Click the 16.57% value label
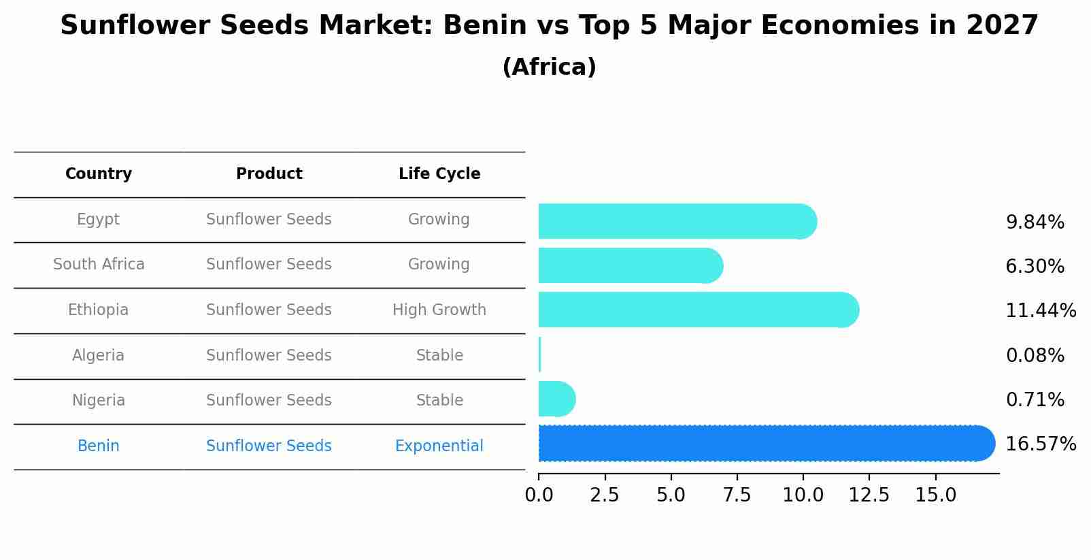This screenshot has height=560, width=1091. click(1040, 444)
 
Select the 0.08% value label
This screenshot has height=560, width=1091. click(1035, 355)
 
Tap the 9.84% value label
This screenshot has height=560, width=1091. click(1035, 223)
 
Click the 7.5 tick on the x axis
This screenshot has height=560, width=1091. click(737, 495)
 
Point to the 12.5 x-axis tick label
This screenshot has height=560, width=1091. click(869, 495)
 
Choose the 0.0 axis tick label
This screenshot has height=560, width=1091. click(539, 495)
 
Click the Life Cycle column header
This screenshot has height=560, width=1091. click(439, 174)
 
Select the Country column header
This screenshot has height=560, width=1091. click(99, 174)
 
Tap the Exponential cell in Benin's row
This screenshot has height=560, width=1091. click(439, 446)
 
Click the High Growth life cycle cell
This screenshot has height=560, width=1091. click(439, 310)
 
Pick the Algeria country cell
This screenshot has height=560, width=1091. click(98, 356)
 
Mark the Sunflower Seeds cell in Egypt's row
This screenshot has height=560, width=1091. click(269, 220)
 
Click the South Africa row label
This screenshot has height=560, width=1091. click(99, 265)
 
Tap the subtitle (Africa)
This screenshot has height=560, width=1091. click(549, 67)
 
